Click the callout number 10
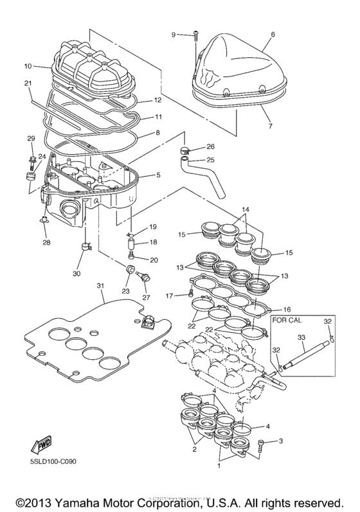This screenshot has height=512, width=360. [28, 66]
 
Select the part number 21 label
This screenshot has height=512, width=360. [28, 84]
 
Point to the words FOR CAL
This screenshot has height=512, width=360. [288, 319]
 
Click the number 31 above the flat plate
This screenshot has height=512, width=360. [100, 285]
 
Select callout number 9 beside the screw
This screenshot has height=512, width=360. [174, 33]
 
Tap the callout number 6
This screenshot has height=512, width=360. [273, 33]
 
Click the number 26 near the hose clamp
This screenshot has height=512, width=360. [210, 146]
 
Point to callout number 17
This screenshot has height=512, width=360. [170, 296]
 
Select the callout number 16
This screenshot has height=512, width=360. [287, 308]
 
